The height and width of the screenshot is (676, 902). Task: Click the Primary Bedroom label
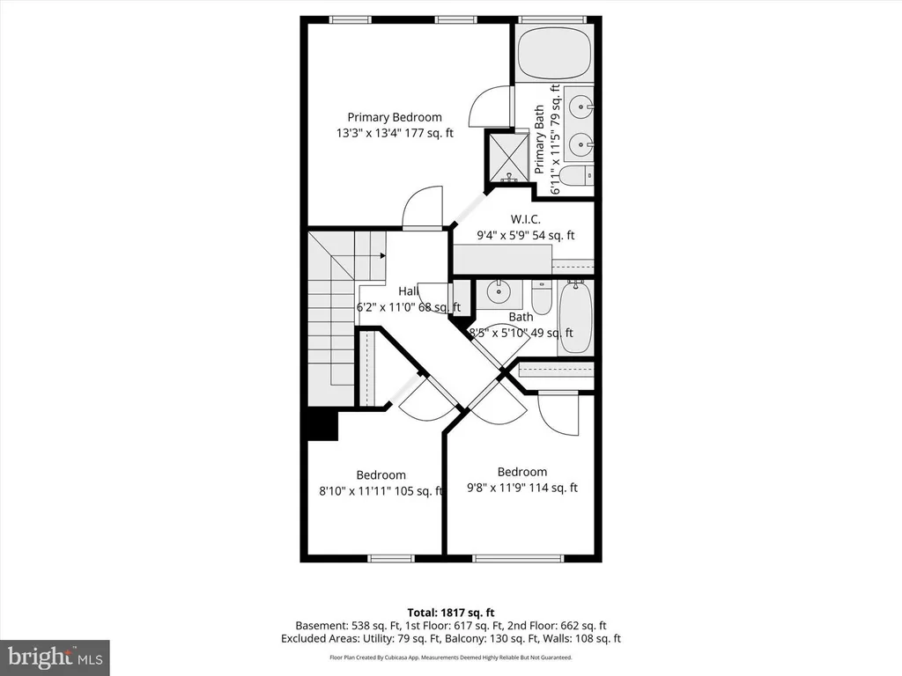click(395, 117)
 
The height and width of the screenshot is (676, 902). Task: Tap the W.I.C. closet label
click(526, 219)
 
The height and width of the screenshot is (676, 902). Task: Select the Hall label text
click(409, 290)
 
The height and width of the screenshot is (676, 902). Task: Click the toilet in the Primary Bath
click(576, 176)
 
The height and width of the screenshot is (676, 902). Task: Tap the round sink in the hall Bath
click(499, 292)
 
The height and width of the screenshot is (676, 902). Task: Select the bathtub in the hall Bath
click(575, 317)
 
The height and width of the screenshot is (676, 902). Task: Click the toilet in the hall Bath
click(542, 297)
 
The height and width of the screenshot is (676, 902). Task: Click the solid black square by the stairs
click(322, 425)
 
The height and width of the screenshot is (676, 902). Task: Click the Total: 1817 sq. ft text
click(451, 613)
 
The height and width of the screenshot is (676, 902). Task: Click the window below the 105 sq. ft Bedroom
click(390, 558)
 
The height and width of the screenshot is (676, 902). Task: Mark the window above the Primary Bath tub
click(552, 19)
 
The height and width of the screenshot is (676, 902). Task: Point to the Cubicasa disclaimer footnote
click(451, 657)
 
